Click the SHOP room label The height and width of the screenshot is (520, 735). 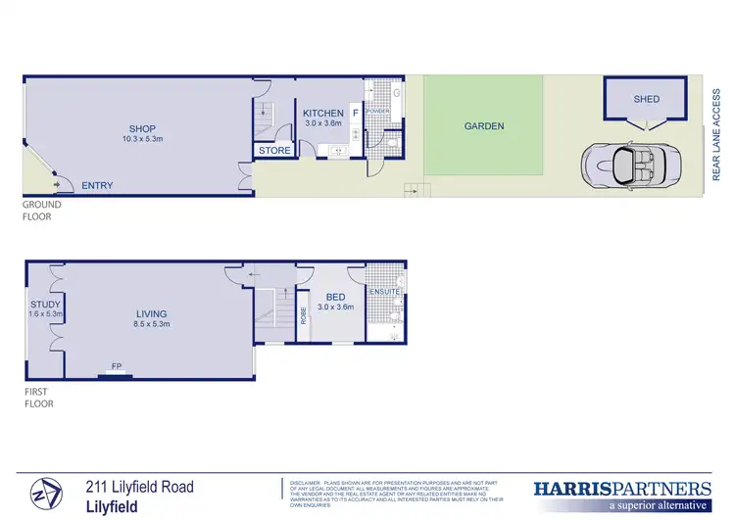[x=144, y=127]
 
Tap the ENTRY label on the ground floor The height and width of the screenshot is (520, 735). [x=97, y=185]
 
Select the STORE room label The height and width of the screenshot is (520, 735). [x=274, y=151]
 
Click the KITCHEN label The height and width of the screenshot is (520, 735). [x=322, y=114]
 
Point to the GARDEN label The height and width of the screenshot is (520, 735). [x=484, y=126]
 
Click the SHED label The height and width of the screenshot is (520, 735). [x=646, y=99]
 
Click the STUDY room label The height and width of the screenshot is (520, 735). [x=45, y=305]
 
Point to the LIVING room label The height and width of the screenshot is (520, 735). [x=153, y=313]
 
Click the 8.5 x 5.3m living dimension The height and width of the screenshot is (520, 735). [x=153, y=324]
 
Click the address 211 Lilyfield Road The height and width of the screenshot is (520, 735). [x=139, y=487]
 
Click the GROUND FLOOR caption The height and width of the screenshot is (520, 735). [x=42, y=211]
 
